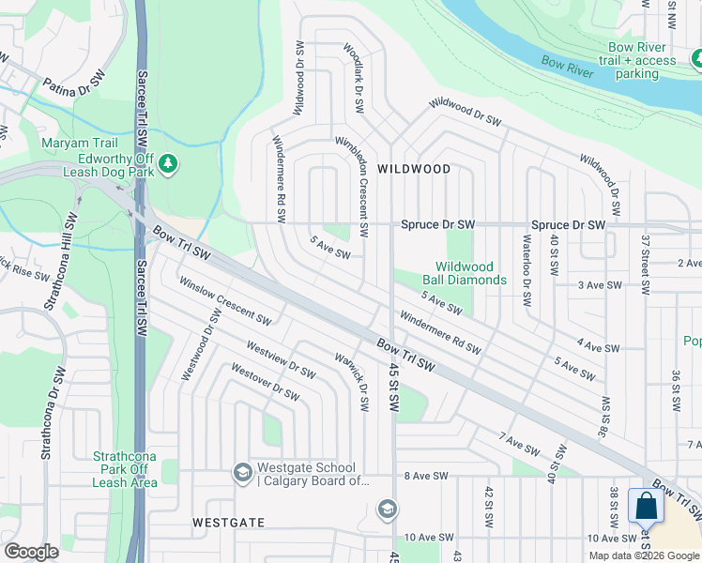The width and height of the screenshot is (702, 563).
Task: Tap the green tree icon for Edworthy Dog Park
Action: (x=168, y=164)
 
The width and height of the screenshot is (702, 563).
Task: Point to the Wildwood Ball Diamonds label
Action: (x=470, y=273)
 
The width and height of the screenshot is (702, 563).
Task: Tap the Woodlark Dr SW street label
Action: (x=355, y=79)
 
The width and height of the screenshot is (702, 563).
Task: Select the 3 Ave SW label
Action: (x=600, y=284)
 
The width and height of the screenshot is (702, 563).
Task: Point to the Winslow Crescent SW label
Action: (x=225, y=301)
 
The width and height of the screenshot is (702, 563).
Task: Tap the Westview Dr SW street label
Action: (x=281, y=360)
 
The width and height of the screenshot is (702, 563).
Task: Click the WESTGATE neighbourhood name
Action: (x=228, y=522)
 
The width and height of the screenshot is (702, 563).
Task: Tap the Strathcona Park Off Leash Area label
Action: (x=124, y=469)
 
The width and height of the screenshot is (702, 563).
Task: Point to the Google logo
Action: (x=31, y=552)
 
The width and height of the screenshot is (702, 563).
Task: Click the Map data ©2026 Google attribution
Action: (x=644, y=555)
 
